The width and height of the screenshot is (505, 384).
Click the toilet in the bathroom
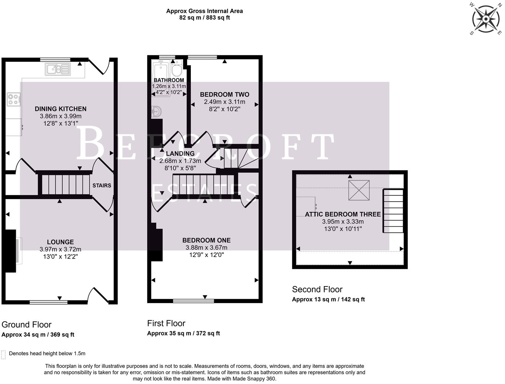click(177, 69)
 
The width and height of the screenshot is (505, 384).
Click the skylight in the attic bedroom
click(359, 190)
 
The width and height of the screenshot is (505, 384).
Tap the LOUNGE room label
click(60, 242)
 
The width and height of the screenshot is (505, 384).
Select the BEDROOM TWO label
click(224, 95)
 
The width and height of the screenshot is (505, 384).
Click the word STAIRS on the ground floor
click(102, 185)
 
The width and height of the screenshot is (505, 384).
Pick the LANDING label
click(180, 154)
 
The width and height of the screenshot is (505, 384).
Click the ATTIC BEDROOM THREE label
click(343, 214)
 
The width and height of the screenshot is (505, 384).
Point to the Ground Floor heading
click(27, 325)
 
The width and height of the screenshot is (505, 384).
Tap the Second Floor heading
click(317, 289)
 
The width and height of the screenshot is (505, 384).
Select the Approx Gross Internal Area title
click(205, 11)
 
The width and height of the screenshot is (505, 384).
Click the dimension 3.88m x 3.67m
click(206, 248)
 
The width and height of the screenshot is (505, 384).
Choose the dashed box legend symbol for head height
click(4, 354)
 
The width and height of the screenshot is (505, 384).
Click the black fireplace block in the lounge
click(10, 251)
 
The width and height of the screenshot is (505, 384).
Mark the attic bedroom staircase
click(393, 211)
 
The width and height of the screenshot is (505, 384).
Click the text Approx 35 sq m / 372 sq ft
click(183, 333)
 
